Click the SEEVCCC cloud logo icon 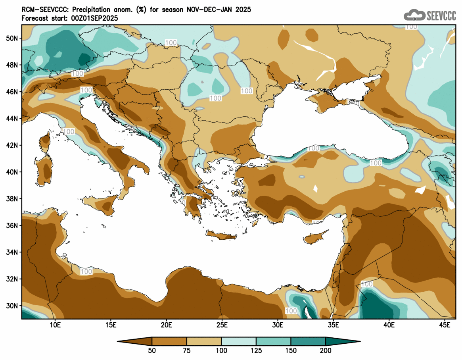coord(414,15)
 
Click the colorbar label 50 coord(152,350)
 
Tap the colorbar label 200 coord(326,350)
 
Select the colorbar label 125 coord(256,350)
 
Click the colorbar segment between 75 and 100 coord(204,341)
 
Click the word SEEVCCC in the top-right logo coord(441,15)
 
